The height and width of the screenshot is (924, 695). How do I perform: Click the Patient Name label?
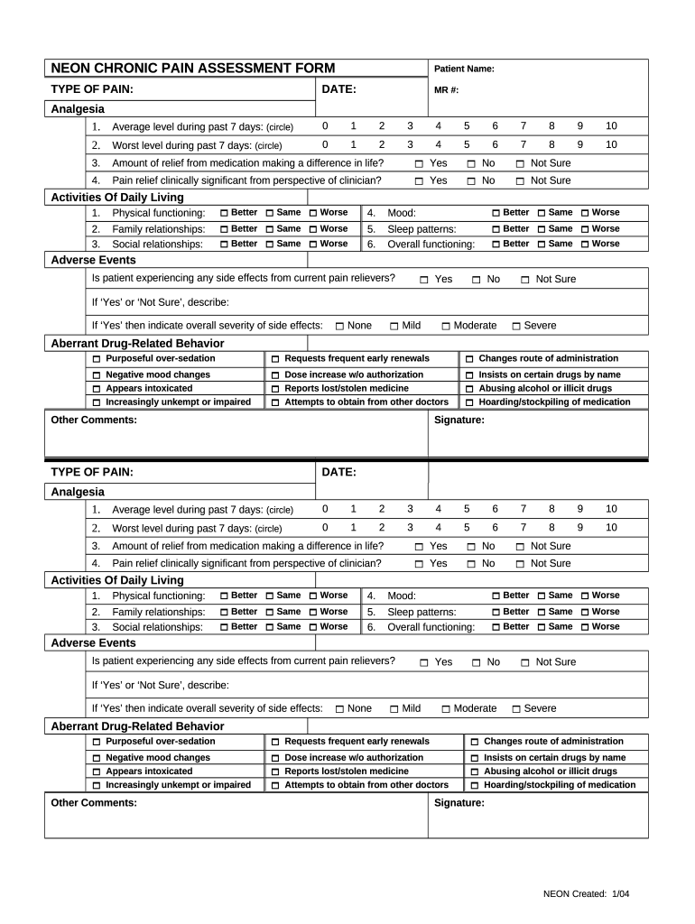tap(464, 69)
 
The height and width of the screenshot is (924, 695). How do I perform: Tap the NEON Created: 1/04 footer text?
tap(586, 893)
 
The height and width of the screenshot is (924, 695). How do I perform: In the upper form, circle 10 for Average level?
tap(611, 126)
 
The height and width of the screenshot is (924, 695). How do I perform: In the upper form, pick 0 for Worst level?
tap(325, 144)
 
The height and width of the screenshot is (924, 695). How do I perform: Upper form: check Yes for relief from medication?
tap(420, 164)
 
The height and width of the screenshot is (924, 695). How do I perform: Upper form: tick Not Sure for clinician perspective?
tap(520, 181)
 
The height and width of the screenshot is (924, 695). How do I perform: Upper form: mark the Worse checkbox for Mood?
tap(585, 213)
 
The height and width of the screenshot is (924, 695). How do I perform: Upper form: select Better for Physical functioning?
tap(225, 213)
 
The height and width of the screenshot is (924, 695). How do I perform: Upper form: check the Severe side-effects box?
tap(516, 327)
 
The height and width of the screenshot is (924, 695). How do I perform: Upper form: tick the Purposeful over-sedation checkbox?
tap(97, 359)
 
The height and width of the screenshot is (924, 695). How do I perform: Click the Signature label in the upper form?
tap(459, 420)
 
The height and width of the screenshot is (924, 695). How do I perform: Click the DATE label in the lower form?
tap(338, 472)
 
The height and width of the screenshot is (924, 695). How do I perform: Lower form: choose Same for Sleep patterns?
tap(541, 613)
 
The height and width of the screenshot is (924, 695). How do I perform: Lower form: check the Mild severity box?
tap(394, 709)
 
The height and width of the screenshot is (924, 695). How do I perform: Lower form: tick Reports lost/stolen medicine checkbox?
tap(275, 772)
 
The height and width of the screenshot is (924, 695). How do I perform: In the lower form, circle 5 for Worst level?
tap(467, 528)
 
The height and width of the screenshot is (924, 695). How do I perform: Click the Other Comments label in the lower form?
tap(94, 803)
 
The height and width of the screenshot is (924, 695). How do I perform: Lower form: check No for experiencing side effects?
tap(477, 663)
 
